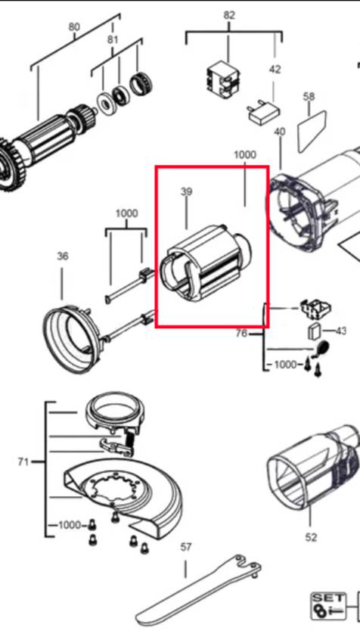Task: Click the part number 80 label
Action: click(x=74, y=27)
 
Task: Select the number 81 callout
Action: click(x=113, y=39)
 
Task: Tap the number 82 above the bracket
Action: click(x=229, y=15)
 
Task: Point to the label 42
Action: click(x=275, y=70)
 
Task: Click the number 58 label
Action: click(x=309, y=97)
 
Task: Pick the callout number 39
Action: click(x=187, y=191)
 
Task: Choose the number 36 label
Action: click(x=63, y=256)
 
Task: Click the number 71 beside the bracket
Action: click(x=23, y=461)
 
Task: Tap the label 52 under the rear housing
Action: click(x=311, y=537)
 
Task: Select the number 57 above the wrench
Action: click(x=186, y=546)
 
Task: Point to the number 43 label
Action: click(x=340, y=331)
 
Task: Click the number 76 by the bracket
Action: click(x=241, y=334)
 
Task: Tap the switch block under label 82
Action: click(x=223, y=77)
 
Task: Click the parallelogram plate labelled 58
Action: click(x=312, y=131)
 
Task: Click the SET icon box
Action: click(x=328, y=606)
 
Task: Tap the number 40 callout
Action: click(x=280, y=132)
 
